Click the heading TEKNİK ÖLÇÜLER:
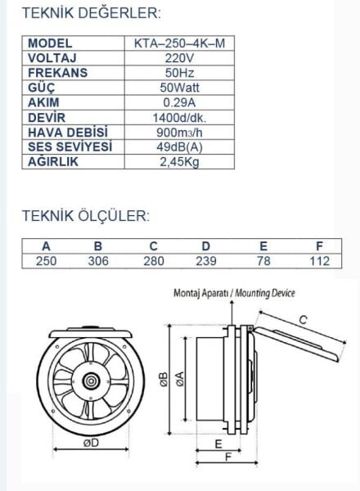point(85,217)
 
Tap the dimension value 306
point(99,261)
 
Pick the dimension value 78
point(263,261)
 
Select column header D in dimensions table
point(206,246)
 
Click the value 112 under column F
point(320,261)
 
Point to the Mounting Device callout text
point(234,293)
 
